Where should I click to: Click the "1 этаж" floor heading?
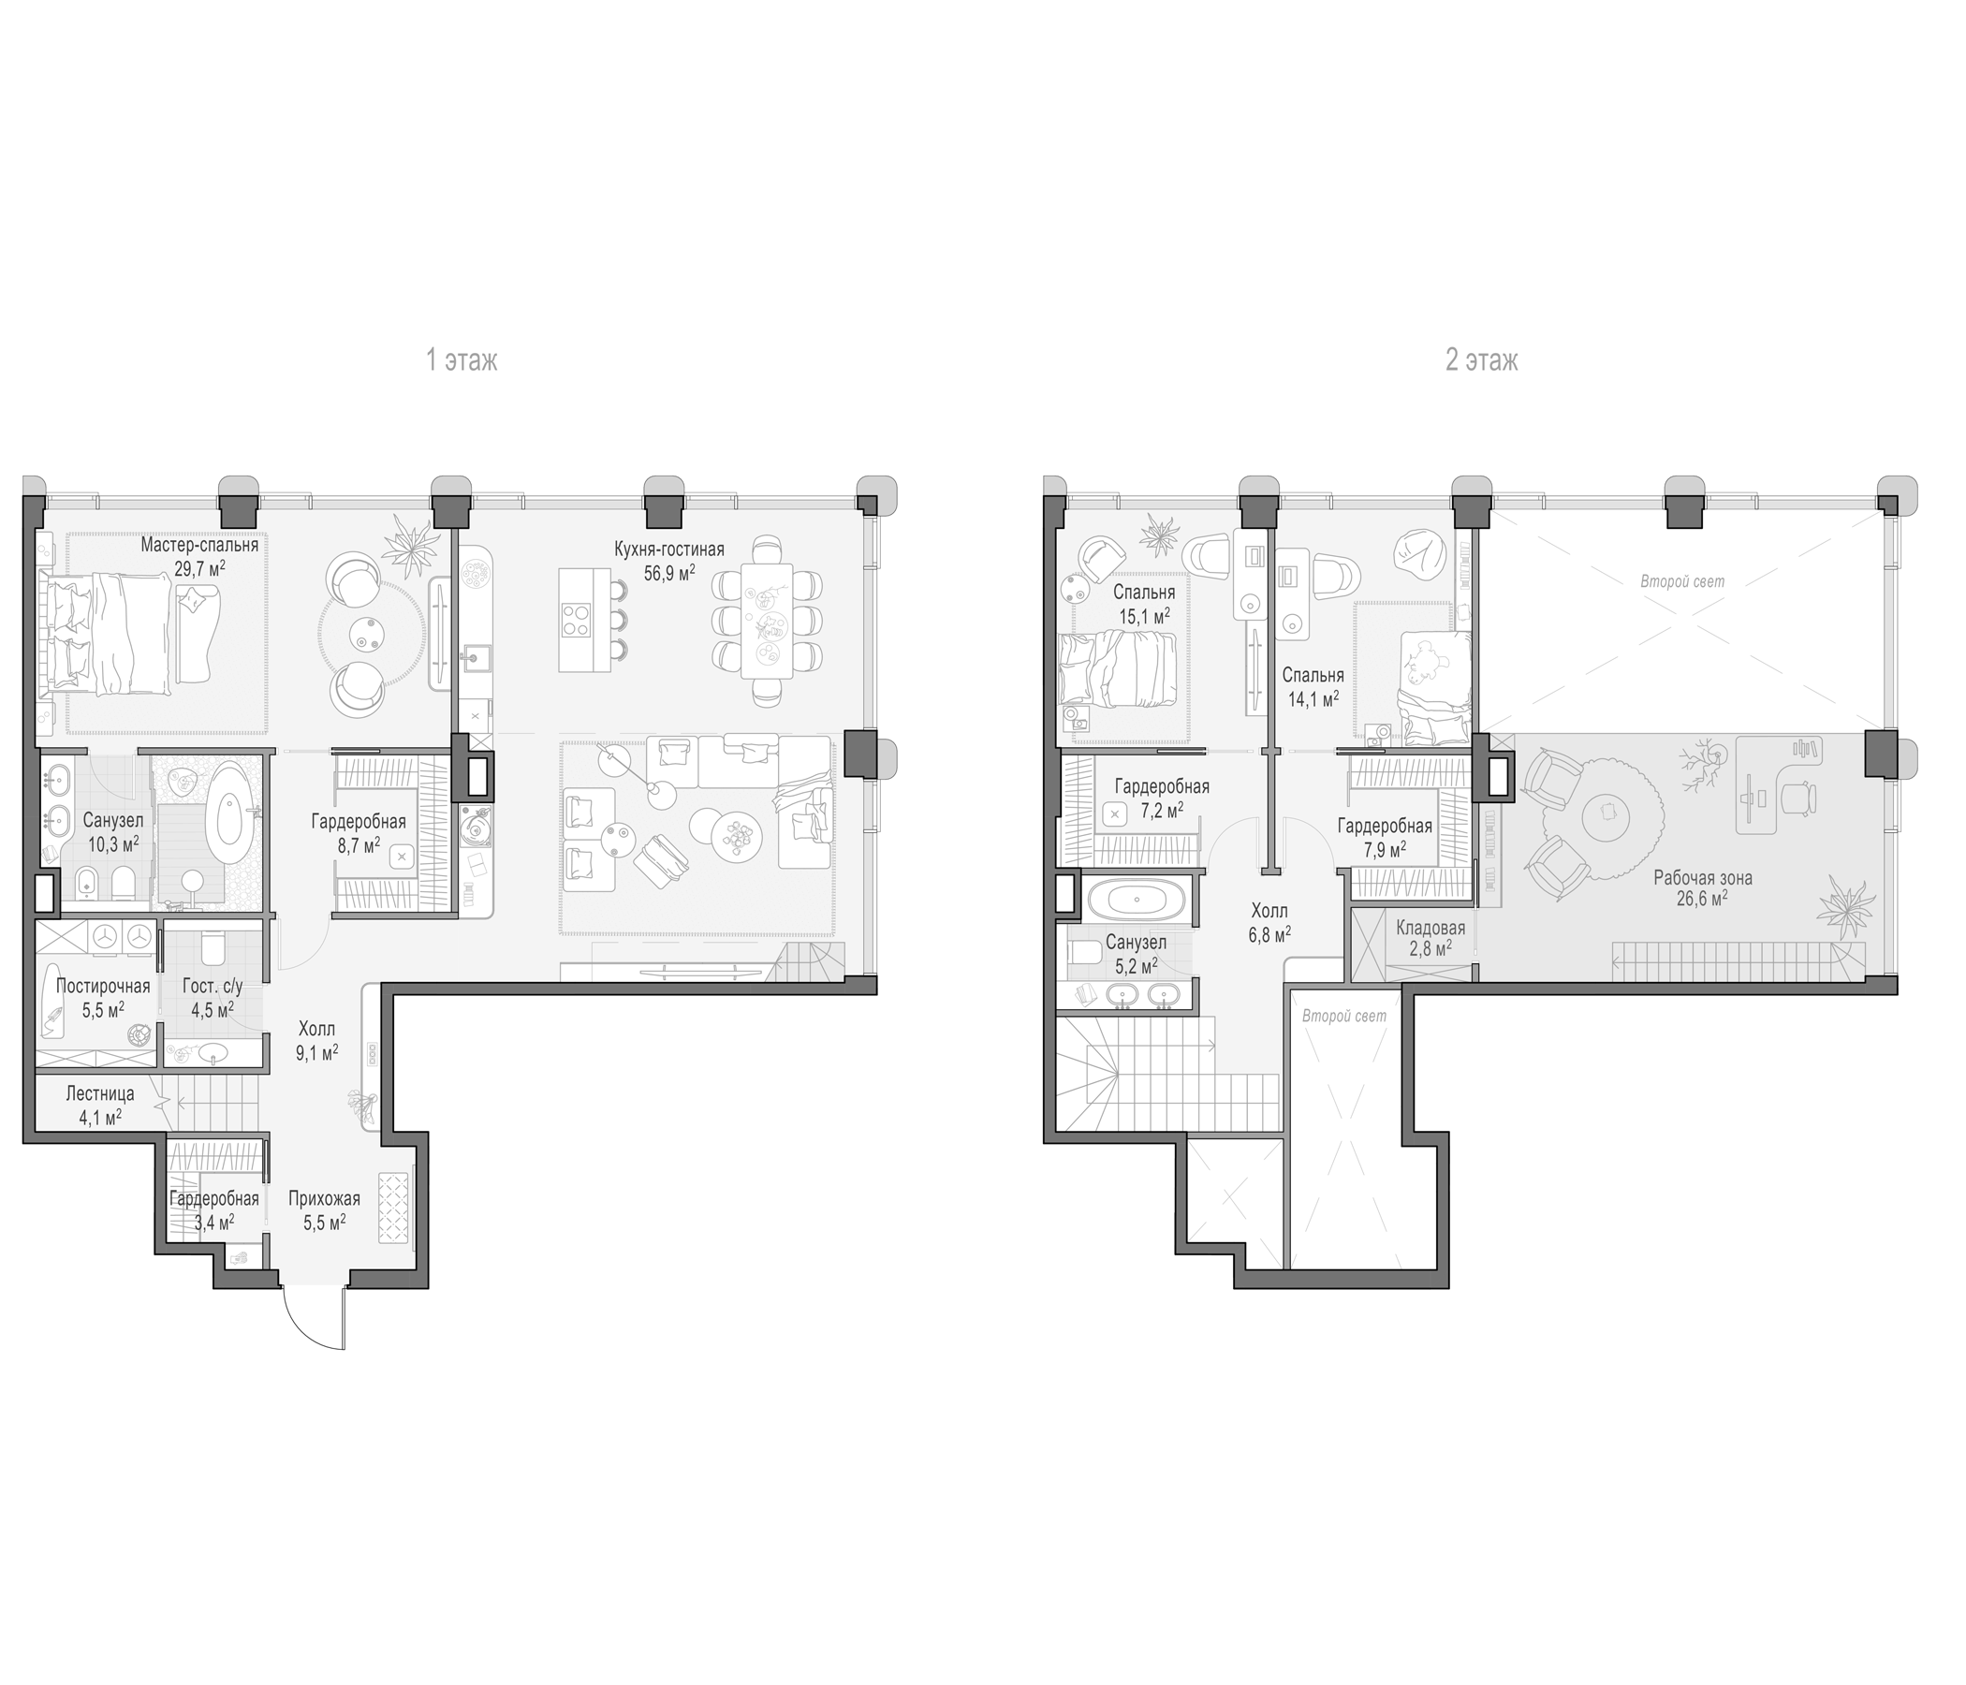coord(462,360)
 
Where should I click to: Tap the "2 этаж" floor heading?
coord(1481,360)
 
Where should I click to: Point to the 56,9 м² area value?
coord(669,573)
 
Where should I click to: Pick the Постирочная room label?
coord(102,986)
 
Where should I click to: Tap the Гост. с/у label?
coord(213,987)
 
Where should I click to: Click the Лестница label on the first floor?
coord(99,1093)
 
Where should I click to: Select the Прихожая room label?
coord(324,1199)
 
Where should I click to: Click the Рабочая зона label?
coord(1702,879)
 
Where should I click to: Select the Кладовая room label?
coord(1430,928)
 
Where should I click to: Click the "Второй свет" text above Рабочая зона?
coord(1682,581)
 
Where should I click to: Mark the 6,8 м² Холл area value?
coord(1269,934)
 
